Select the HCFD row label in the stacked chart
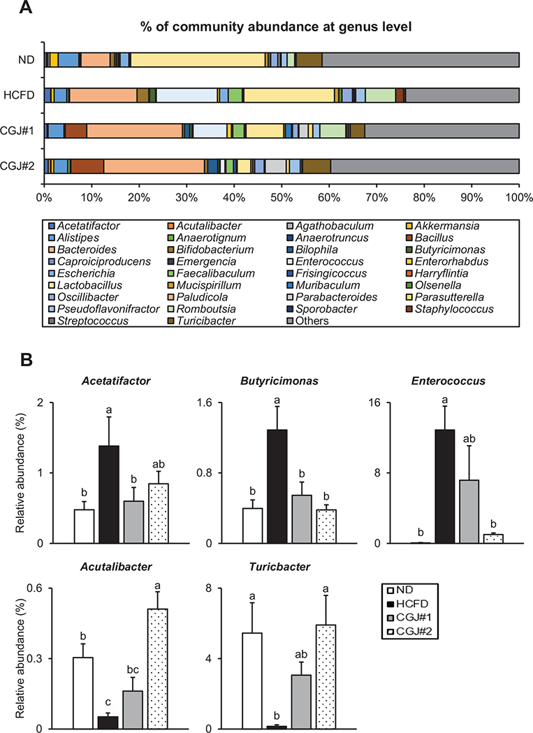pos(24,95)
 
